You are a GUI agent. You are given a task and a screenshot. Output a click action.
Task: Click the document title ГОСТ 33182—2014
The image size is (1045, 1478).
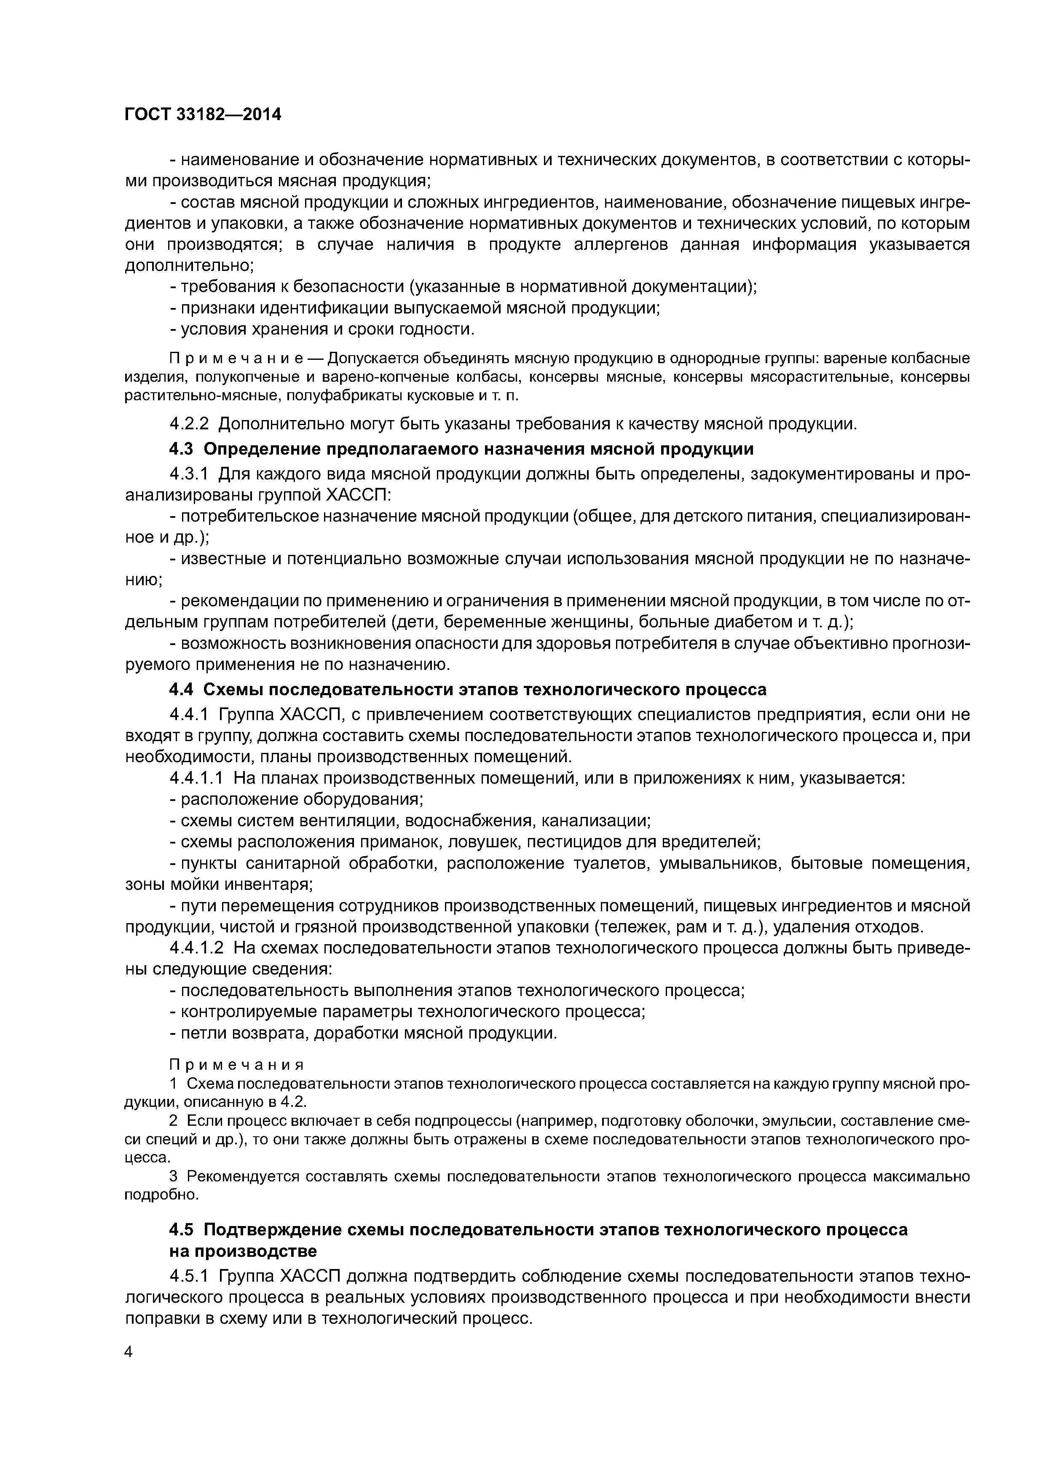pos(203,115)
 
